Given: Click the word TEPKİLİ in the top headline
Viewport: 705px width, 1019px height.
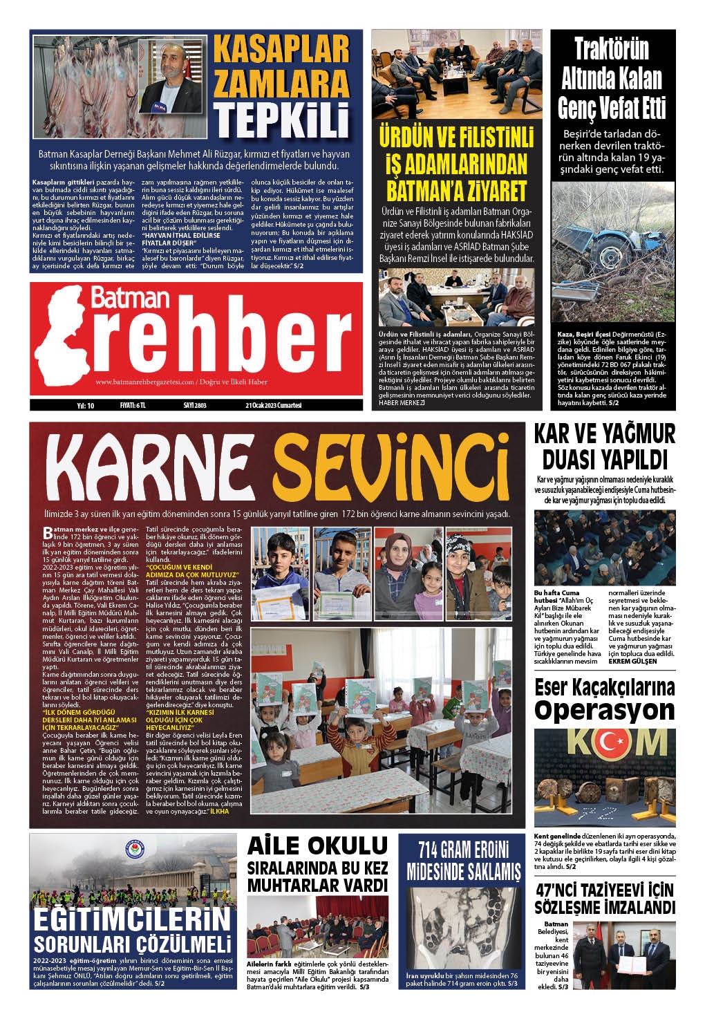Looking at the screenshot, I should pos(281,120).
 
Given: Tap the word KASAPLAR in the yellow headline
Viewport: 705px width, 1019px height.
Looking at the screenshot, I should pos(281,50).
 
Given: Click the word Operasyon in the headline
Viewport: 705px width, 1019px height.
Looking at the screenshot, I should pos(605,710).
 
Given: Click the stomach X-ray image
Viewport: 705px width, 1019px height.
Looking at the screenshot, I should pos(459,926).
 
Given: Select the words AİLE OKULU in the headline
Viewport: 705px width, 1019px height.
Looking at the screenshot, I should pos(318,845).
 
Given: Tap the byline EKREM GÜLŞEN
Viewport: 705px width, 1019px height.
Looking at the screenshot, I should pos(632,661).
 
